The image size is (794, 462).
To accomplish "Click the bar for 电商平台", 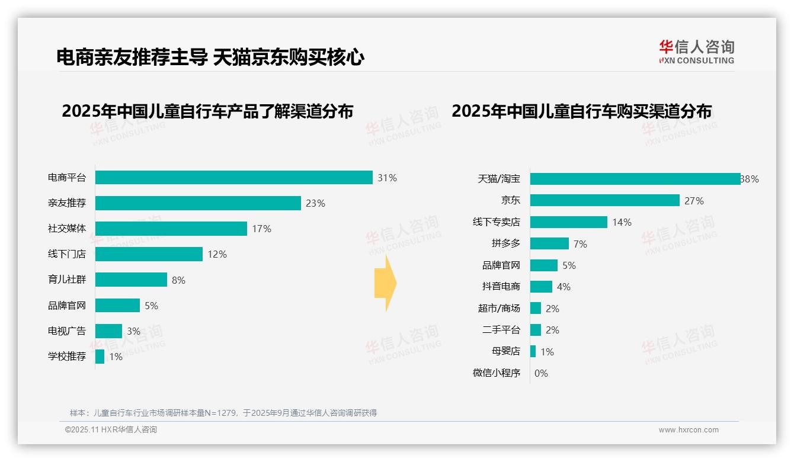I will pyautogui.click(x=233, y=178).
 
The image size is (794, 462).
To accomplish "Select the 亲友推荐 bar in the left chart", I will pyautogui.click(x=198, y=203).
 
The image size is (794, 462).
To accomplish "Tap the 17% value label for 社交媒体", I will pyautogui.click(x=261, y=229).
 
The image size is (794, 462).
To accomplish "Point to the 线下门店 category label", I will pyautogui.click(x=66, y=254).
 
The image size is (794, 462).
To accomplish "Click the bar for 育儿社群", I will pyautogui.click(x=131, y=280).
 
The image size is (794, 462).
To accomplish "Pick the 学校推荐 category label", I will pyautogui.click(x=66, y=357).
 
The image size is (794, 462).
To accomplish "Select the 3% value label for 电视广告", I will pyautogui.click(x=133, y=331).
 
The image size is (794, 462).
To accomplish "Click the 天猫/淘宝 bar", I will pyautogui.click(x=635, y=179).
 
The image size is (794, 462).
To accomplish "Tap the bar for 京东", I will pyautogui.click(x=604, y=201).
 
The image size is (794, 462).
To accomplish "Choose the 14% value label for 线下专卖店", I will pyautogui.click(x=622, y=222).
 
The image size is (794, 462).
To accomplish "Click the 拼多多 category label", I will pyautogui.click(x=505, y=243).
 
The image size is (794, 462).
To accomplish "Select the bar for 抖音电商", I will pyautogui.click(x=541, y=287).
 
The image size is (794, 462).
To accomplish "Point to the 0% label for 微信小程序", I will pyautogui.click(x=541, y=373).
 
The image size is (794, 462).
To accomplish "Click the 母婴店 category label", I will pyautogui.click(x=505, y=351).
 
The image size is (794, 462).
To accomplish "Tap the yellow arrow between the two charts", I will pyautogui.click(x=385, y=284).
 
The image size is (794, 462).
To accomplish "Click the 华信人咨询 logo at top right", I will pyautogui.click(x=696, y=52).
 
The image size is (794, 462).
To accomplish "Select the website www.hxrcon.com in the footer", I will pyautogui.click(x=689, y=430).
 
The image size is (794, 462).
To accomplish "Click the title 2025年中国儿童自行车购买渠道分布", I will pyautogui.click(x=581, y=111).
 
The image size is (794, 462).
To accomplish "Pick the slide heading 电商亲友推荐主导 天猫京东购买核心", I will pyautogui.click(x=210, y=57).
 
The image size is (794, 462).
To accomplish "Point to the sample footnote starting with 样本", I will pyautogui.click(x=223, y=413).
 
